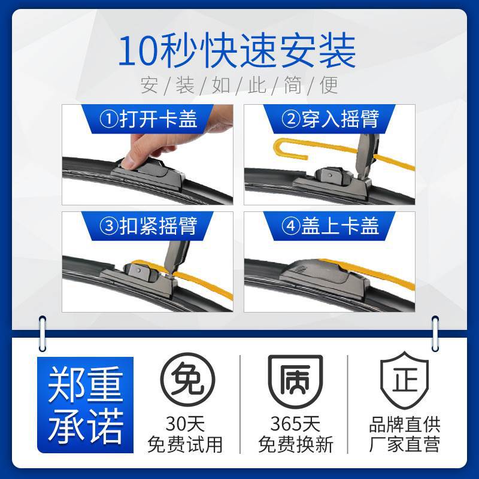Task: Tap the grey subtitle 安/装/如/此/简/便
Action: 239,85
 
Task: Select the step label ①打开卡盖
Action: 148,119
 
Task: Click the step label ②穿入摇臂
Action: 330,119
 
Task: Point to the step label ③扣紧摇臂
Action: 148,226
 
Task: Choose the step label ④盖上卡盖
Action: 330,226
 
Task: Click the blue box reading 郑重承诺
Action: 85,405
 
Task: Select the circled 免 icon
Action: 188,380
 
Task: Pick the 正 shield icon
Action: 405,380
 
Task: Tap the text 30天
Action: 185,424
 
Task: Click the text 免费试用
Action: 185,444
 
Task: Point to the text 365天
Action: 295,424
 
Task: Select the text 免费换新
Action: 295,444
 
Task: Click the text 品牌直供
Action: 405,425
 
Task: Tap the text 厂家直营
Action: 405,444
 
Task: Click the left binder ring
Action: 43,334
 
